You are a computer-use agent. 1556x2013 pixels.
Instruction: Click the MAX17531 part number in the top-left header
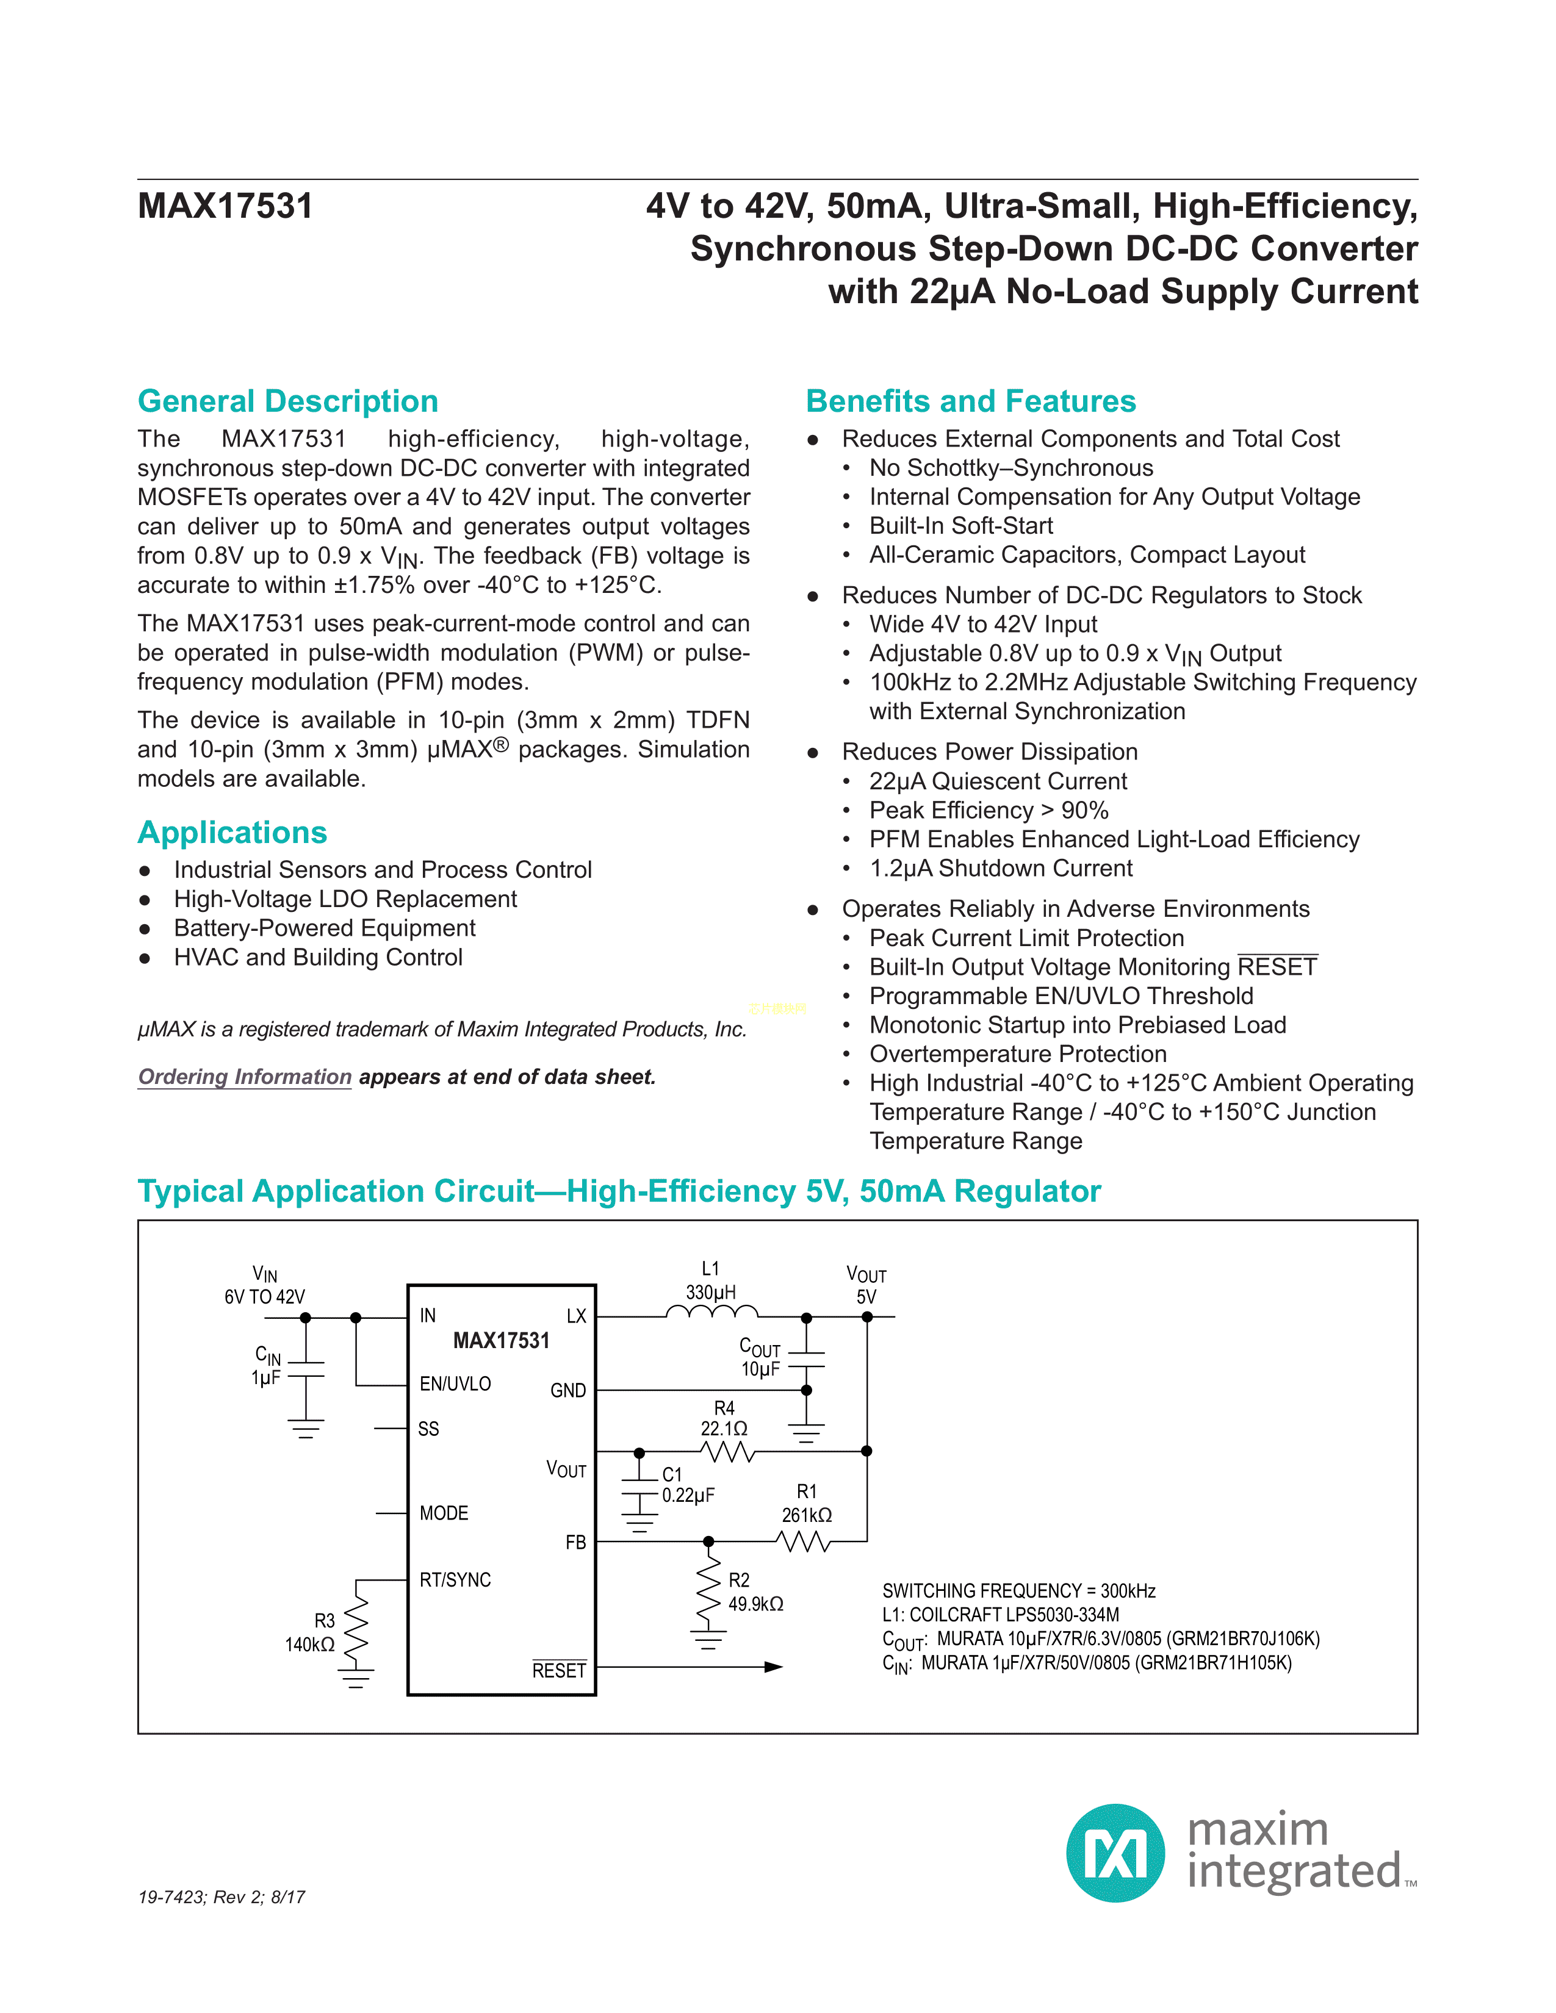pos(225,206)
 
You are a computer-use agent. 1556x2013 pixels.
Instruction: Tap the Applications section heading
pos(232,832)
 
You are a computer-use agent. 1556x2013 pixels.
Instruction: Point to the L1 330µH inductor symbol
pos(711,1311)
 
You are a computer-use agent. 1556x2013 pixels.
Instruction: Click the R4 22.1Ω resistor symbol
pos(727,1452)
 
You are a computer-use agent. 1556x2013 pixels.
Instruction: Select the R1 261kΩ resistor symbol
pos(804,1541)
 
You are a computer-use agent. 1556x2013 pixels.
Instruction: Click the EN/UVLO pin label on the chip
pos(455,1383)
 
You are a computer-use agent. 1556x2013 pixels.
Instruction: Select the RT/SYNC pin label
pos(455,1580)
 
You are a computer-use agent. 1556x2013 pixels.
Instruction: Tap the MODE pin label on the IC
pos(444,1513)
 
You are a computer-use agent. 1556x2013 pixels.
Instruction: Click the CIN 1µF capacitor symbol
pos(306,1369)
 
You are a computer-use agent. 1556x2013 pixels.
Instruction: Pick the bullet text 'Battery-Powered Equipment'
pos(325,928)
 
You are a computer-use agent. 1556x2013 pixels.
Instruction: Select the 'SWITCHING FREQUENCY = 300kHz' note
pos(1018,1591)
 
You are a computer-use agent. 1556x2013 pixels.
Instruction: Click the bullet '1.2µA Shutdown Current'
pos(1000,868)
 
